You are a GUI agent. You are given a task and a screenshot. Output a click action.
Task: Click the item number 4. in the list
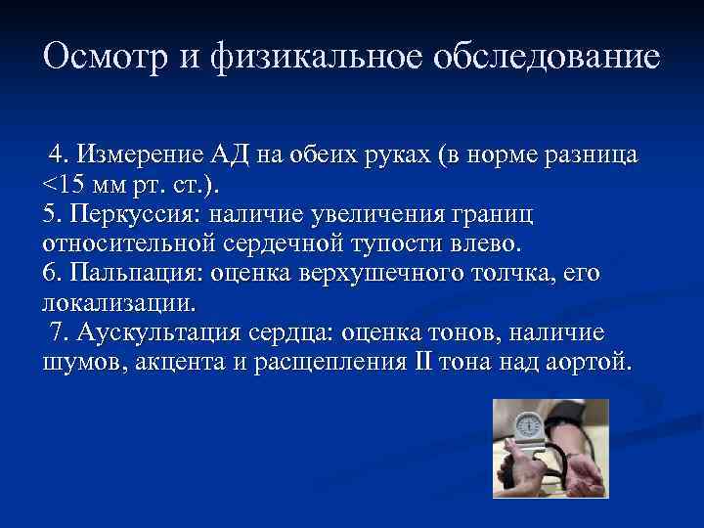[x=61, y=155]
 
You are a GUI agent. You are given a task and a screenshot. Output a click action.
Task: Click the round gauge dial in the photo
[x=527, y=424]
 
